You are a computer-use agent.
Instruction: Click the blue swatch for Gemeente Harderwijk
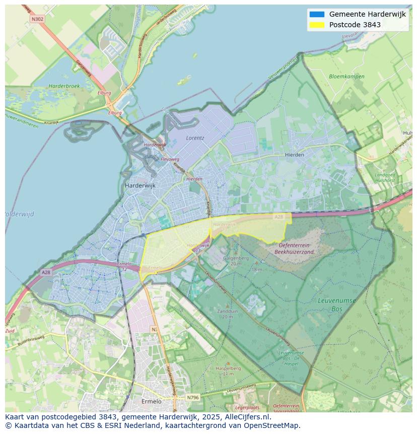[317, 14]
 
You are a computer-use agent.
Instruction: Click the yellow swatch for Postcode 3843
[317, 25]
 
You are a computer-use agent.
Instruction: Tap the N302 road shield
[37, 19]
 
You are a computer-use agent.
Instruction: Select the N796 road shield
[192, 397]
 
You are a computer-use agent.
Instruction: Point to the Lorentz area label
[195, 137]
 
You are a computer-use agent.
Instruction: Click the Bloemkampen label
[346, 77]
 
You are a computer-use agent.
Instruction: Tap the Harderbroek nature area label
[64, 86]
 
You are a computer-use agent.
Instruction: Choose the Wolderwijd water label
[20, 214]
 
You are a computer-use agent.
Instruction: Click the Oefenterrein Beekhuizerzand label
[289, 249]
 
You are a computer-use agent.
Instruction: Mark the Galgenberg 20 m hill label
[236, 261]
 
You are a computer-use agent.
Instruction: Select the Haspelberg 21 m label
[228, 371]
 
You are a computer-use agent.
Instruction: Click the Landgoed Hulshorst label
[385, 177]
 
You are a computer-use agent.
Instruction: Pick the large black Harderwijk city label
[140, 185]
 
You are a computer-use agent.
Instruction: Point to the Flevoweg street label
[170, 159]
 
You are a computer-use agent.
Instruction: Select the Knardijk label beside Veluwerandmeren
[51, 122]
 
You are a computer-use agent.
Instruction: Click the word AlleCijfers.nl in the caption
[247, 417]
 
